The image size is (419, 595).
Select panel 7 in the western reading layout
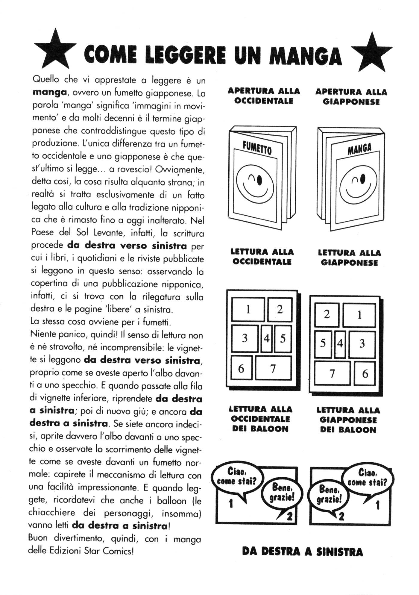[273, 368]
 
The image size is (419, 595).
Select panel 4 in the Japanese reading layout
[340, 344]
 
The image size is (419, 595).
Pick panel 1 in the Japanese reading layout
[359, 315]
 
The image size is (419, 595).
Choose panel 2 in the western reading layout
[280, 309]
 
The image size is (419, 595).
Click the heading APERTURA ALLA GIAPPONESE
[351, 97]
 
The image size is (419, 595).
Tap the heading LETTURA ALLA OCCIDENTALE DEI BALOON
[260, 419]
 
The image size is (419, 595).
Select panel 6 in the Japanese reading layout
[365, 373]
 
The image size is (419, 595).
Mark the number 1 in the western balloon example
[231, 504]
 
